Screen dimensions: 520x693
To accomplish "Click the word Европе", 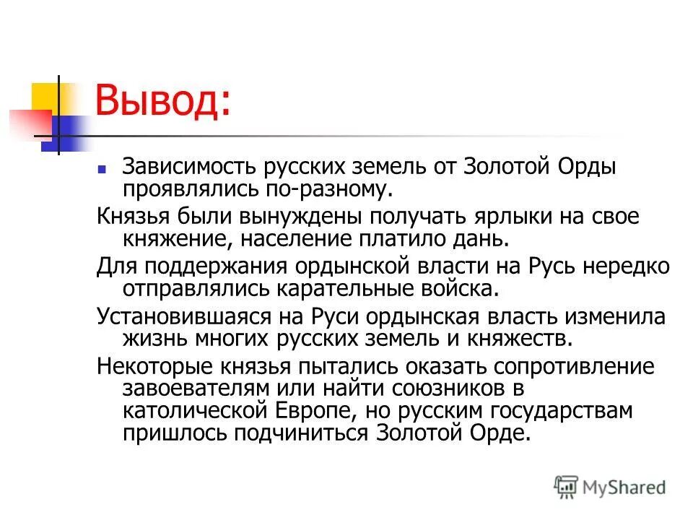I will tap(337, 411).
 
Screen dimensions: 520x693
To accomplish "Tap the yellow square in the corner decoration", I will tap(45, 97).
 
